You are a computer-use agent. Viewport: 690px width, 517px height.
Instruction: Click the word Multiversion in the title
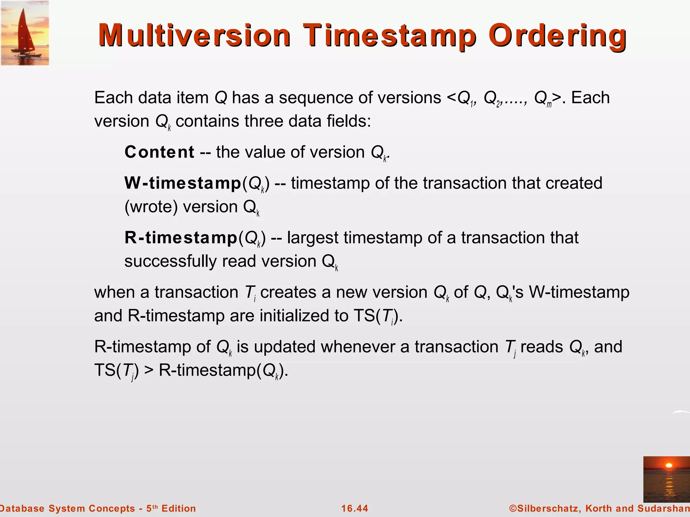(194, 35)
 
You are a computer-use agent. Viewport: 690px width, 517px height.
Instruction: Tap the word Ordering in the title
(558, 35)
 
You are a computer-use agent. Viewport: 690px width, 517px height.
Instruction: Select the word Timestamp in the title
(390, 35)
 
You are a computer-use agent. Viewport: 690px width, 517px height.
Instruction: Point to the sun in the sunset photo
(669, 466)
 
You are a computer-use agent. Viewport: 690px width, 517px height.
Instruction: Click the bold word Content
(159, 152)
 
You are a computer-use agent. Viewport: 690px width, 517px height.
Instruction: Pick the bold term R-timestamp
(181, 238)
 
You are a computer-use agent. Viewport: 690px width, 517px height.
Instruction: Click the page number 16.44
(354, 508)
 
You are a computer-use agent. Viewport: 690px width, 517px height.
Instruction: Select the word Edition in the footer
(179, 508)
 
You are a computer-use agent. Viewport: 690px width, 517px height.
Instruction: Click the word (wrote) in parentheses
(151, 207)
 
